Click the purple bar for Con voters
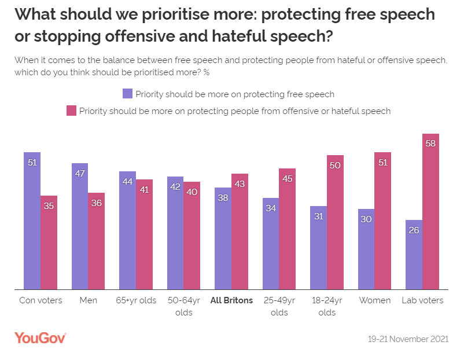pos(32,221)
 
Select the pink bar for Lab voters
pos(430,211)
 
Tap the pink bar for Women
pos(383,221)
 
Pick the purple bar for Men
pos(80,226)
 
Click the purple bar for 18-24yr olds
pos(318,247)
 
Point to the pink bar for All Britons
pos(240,231)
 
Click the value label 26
pos(414,230)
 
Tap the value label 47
pos(80,173)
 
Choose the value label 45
pos(288,178)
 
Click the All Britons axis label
pos(231,300)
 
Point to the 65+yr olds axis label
pos(136,300)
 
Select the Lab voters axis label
pos(422,300)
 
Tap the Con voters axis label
pos(40,300)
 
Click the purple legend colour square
pos(127,94)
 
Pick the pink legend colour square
pos(72,111)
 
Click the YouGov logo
pos(40,338)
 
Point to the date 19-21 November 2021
pos(408,339)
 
